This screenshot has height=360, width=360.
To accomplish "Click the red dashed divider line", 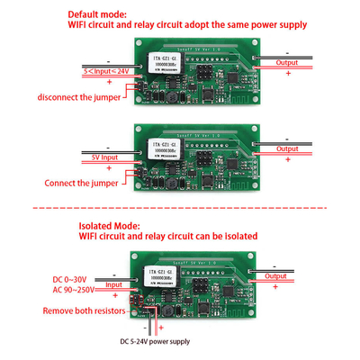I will pos(180,208).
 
